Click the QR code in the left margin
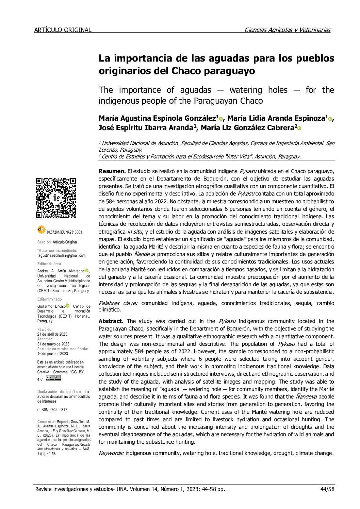(56, 198)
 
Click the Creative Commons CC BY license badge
(53, 378)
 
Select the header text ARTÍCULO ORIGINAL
(63, 30)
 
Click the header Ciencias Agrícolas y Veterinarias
(288, 30)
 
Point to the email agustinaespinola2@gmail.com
(62, 255)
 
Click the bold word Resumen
(112, 171)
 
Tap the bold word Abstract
(111, 321)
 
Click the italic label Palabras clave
(118, 303)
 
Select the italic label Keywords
(111, 453)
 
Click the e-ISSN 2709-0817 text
(52, 410)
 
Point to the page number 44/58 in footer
(328, 489)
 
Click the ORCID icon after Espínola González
(221, 119)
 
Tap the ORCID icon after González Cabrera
(299, 129)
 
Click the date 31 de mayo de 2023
(53, 344)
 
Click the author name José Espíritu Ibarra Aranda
(146, 128)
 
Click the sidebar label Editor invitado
(50, 299)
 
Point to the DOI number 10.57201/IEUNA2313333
(64, 232)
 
